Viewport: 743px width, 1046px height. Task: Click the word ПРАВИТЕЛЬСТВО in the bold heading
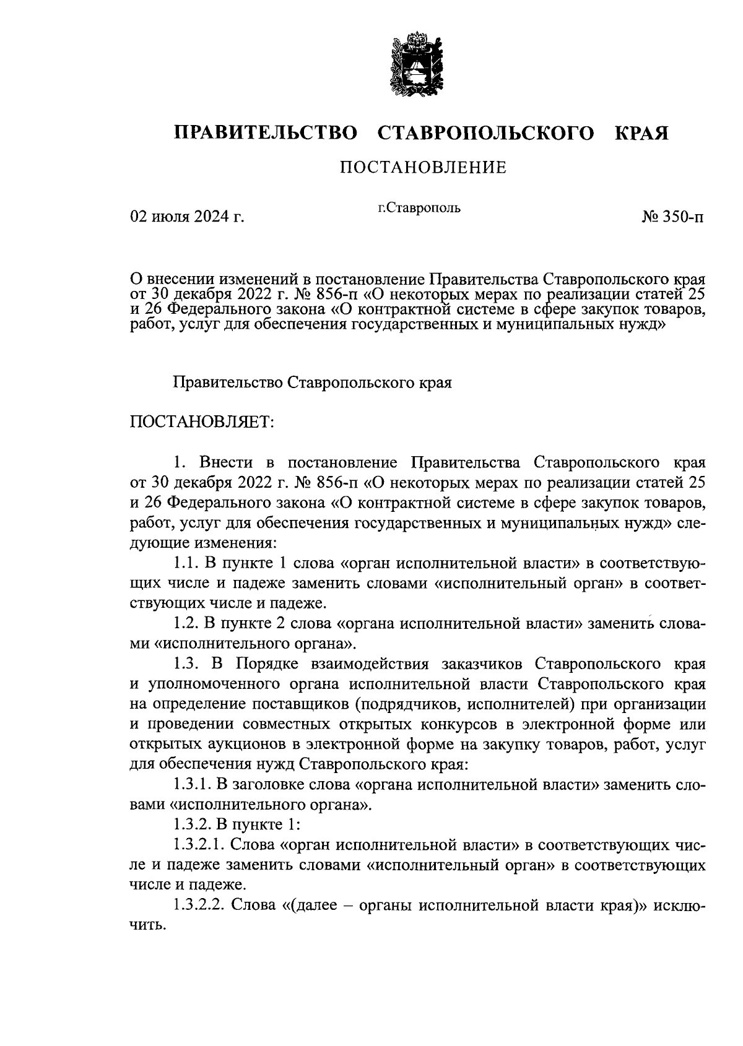click(266, 133)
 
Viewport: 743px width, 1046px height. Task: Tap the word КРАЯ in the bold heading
click(641, 133)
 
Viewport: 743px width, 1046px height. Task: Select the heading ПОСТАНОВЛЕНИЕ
click(423, 168)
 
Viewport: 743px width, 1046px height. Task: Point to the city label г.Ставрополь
click(419, 207)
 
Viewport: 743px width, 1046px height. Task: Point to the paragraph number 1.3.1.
click(192, 785)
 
